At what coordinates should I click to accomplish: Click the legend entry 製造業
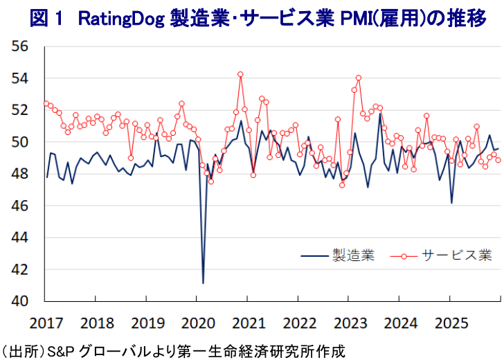point(353,255)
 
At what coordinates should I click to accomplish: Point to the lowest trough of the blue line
point(203,282)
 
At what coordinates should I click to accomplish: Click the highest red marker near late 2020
point(240,74)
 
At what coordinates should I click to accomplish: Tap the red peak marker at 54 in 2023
point(359,78)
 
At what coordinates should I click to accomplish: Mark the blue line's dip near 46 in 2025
point(451,202)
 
